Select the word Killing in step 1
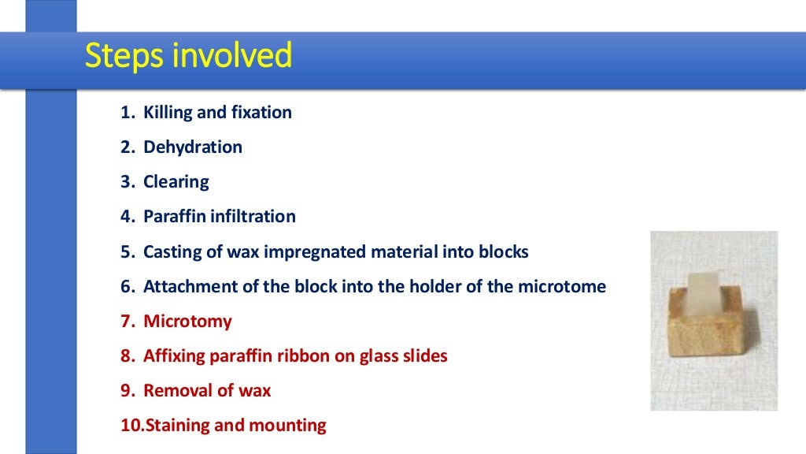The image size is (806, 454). click(168, 113)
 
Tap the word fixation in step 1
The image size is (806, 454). click(261, 113)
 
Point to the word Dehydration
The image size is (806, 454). click(193, 147)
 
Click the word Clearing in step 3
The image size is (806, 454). click(176, 182)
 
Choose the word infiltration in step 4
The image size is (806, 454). click(253, 217)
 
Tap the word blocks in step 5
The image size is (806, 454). click(504, 252)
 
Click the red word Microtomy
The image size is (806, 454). click(187, 322)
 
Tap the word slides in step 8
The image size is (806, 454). click(424, 356)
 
